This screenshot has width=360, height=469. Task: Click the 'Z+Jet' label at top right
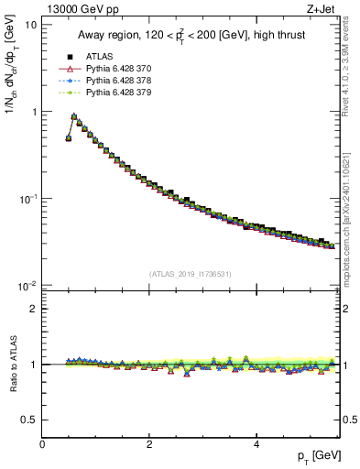tap(322, 9)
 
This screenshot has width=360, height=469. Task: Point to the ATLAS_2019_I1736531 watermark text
tap(191, 274)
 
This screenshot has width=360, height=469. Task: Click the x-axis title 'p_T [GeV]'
tap(315, 456)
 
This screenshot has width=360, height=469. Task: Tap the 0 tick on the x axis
tap(42, 443)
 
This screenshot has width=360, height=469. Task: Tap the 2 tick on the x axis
tap(149, 443)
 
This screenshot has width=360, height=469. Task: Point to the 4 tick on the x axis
tap(256, 443)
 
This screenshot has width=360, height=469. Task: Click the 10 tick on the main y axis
tap(31, 25)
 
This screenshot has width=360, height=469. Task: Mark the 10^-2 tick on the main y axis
tap(27, 285)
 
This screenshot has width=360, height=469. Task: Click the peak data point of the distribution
tap(74, 116)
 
